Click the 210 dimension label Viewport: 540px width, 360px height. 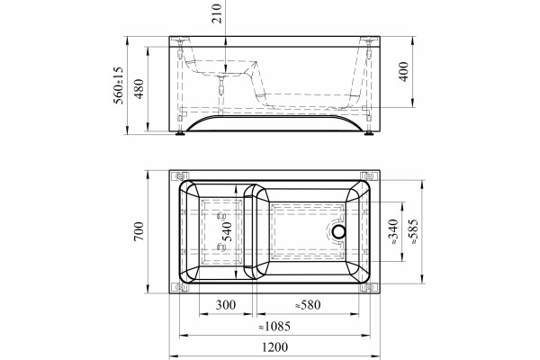[x=217, y=13]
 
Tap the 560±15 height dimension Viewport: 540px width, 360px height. [x=118, y=85]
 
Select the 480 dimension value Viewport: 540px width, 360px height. [x=139, y=89]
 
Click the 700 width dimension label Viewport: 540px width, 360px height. [x=139, y=231]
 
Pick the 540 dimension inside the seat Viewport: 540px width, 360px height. [x=226, y=231]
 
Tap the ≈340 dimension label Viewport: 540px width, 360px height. [x=393, y=232]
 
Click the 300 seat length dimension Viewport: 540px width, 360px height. [x=226, y=305]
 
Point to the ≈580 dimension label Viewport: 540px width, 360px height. [x=308, y=305]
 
